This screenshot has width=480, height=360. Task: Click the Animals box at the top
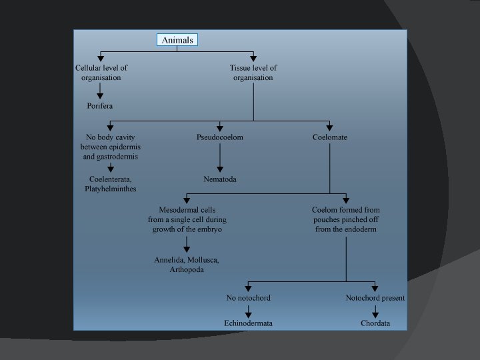(x=177, y=40)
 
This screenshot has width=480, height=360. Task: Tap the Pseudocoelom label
(x=220, y=137)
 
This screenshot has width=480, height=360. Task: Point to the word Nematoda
(x=220, y=179)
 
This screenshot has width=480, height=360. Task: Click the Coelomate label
(x=330, y=137)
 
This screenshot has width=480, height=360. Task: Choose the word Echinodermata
(x=248, y=323)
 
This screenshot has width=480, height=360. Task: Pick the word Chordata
(x=375, y=323)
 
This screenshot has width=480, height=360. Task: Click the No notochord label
(x=248, y=297)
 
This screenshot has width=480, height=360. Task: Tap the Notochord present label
(x=375, y=297)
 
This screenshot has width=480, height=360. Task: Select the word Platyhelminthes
(x=111, y=189)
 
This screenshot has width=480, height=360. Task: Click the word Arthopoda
(x=187, y=269)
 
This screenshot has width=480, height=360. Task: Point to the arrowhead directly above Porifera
(x=100, y=95)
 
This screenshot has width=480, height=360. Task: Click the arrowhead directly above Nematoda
(x=220, y=169)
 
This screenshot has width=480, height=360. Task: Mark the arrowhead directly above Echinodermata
(x=248, y=313)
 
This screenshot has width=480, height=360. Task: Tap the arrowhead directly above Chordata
(x=375, y=313)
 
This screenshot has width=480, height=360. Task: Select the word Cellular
(x=90, y=67)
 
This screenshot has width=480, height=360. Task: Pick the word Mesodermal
(x=176, y=210)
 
